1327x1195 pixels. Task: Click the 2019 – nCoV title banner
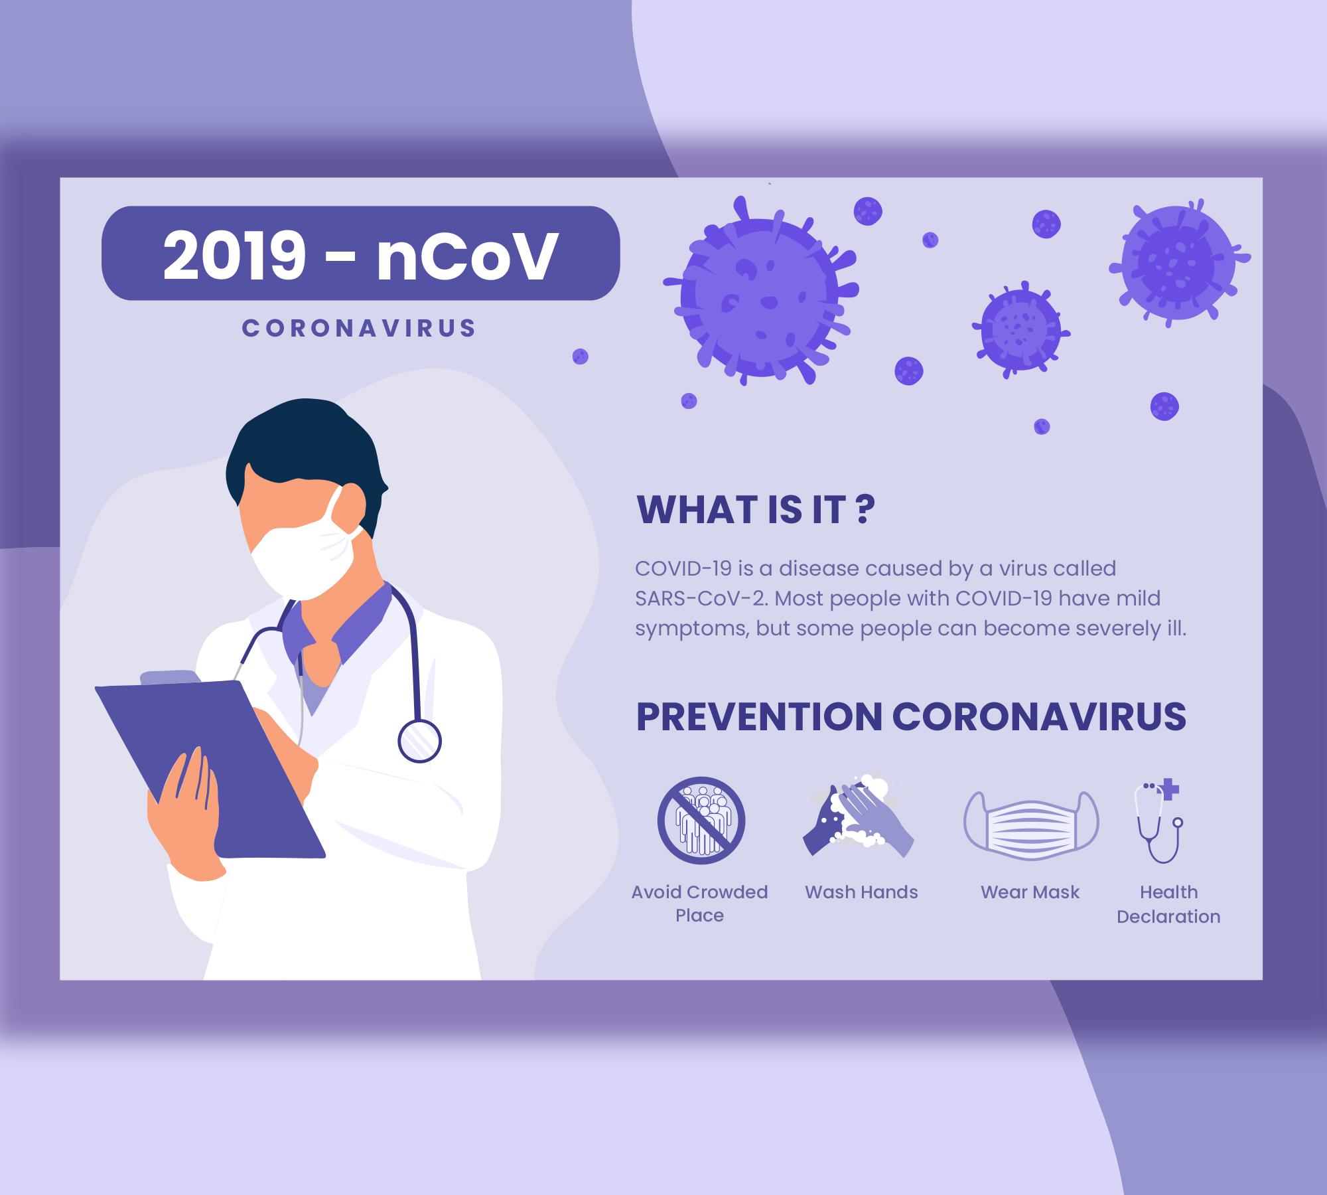[x=361, y=254]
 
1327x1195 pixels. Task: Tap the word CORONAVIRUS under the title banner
[x=359, y=328]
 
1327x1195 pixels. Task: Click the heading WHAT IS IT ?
[x=756, y=510]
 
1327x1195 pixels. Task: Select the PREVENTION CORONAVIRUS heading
[x=911, y=717]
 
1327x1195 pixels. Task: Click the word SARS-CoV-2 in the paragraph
[x=702, y=598]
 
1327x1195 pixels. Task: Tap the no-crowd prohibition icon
[x=701, y=821]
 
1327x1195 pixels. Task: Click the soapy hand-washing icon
[x=859, y=815]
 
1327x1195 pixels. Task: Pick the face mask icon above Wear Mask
[x=1031, y=825]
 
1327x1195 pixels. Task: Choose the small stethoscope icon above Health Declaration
[x=1159, y=821]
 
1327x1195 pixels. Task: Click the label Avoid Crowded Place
[x=700, y=904]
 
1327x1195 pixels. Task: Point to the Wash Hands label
[x=861, y=892]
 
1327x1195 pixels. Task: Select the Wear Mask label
[x=1030, y=892]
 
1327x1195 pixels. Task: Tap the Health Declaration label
[x=1168, y=904]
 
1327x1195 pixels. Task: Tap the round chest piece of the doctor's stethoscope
[x=419, y=741]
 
